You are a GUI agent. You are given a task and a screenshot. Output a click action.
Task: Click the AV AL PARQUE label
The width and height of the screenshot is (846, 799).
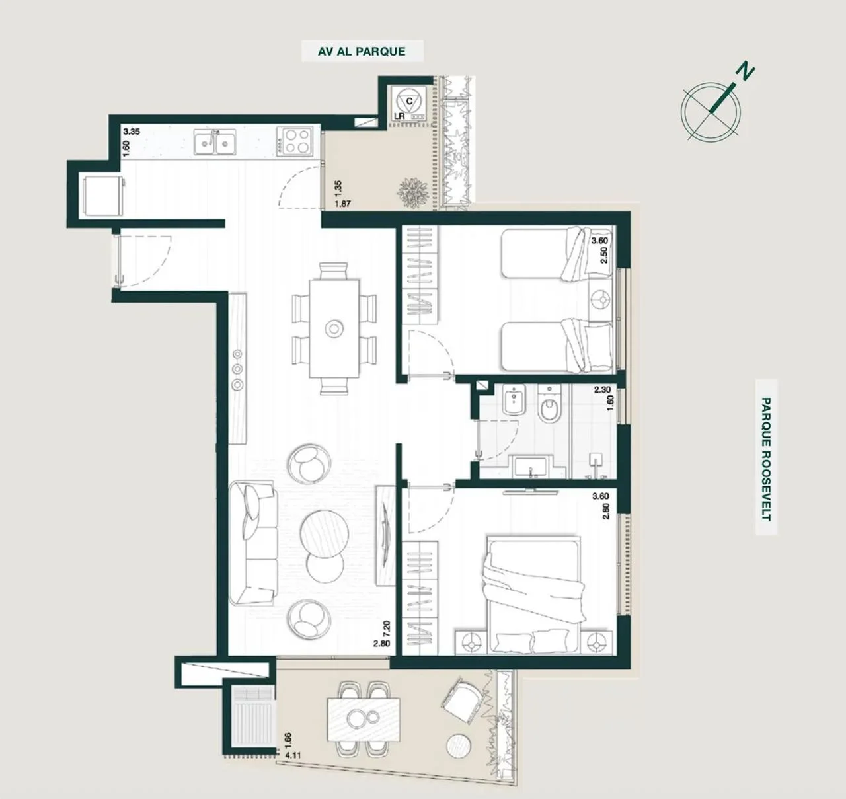362,52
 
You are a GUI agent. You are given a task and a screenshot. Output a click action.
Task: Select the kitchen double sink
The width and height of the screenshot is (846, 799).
215,141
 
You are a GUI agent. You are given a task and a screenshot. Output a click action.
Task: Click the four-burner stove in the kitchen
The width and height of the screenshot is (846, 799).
294,141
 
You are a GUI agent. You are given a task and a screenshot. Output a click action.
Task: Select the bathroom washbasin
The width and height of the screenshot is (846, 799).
531,467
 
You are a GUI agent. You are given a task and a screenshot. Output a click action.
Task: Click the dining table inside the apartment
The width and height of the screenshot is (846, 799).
334,328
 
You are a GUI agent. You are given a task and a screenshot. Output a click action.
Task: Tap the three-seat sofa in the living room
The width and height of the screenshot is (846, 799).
253,543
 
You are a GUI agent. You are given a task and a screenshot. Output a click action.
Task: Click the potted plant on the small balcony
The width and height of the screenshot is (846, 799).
412,194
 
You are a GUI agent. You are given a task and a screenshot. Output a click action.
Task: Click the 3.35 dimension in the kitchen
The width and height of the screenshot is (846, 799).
132,132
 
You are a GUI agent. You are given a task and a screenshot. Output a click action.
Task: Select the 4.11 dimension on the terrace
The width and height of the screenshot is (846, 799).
293,755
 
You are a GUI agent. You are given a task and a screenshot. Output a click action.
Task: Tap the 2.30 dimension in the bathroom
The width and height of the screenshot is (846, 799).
602,389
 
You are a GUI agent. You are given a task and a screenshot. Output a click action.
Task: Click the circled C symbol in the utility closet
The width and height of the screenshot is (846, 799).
409,101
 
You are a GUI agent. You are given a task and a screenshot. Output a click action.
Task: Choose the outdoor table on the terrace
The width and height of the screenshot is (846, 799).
364,720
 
